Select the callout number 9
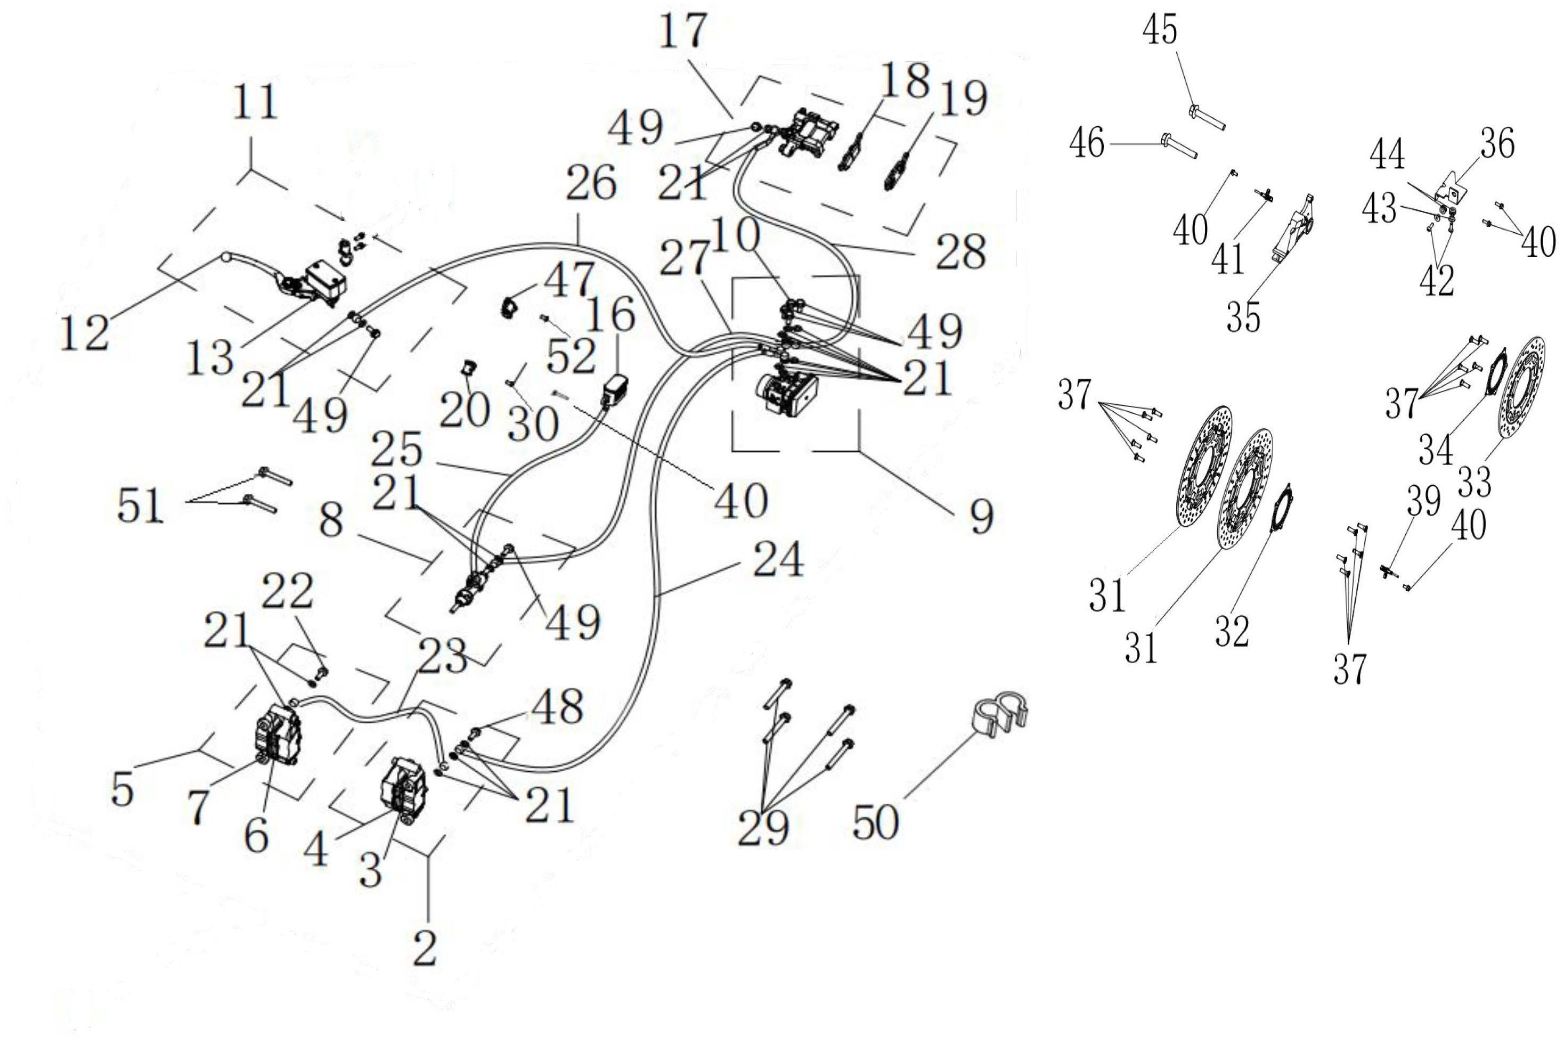(981, 517)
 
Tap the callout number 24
(778, 560)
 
